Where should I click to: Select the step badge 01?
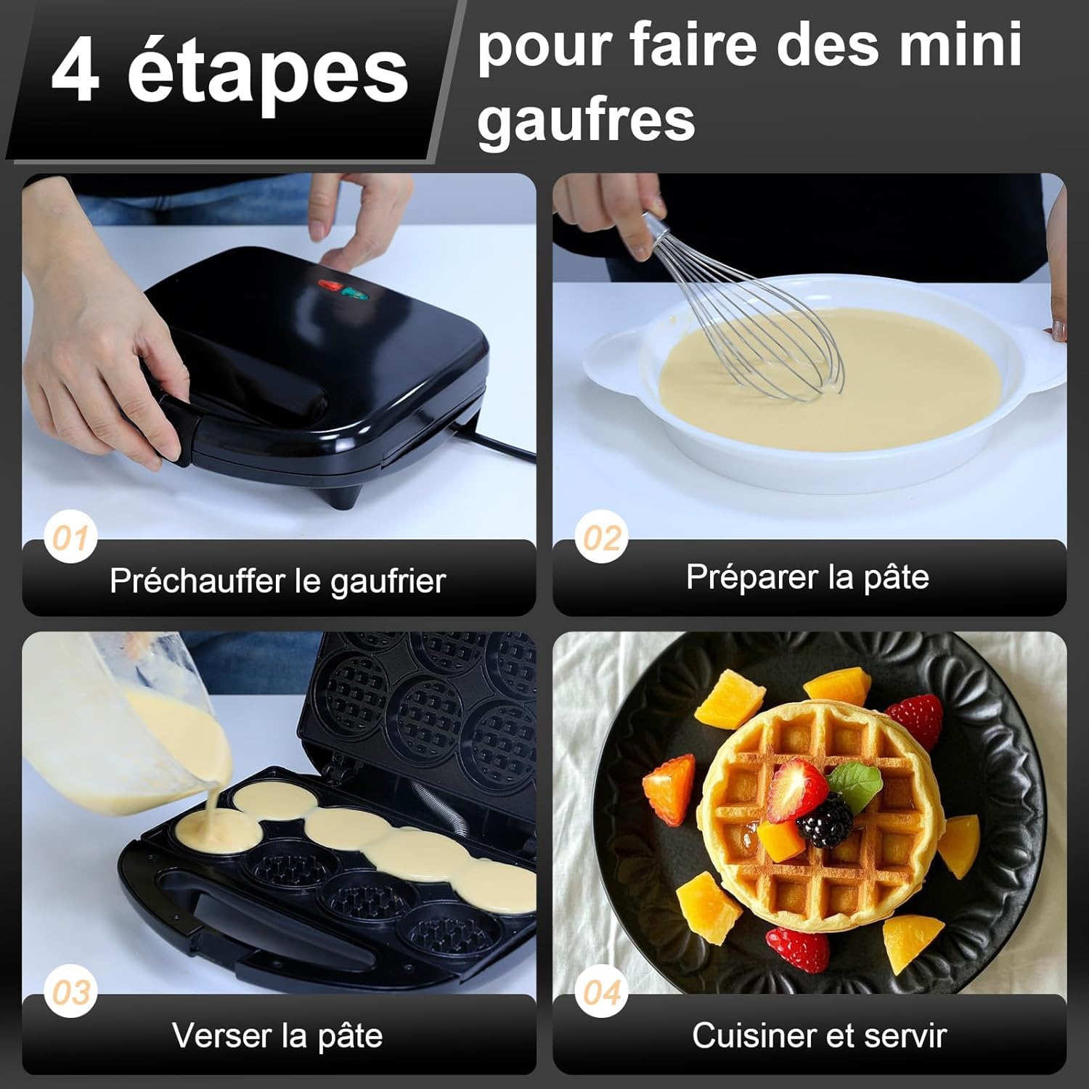70,538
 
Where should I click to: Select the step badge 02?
602,538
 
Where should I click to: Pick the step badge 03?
70,992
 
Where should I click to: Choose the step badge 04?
602,992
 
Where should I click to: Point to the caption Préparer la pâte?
807,577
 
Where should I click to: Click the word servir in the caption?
908,1035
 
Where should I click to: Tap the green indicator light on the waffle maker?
354,294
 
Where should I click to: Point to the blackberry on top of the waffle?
825,820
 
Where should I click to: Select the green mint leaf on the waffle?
857,783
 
